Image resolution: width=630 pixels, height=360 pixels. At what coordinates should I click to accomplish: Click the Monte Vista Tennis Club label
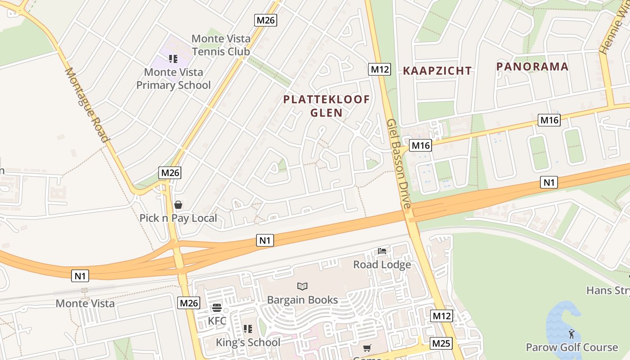point(220,45)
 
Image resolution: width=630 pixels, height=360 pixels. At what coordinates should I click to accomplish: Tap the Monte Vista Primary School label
point(174,79)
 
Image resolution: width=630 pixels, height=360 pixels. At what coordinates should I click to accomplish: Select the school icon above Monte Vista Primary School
point(173,58)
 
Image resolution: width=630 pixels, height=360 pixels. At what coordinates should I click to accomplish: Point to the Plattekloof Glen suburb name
point(327,106)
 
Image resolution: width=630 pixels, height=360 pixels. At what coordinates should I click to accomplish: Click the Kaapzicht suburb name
point(437,71)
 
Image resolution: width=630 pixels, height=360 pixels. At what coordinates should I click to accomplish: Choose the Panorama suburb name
point(532,67)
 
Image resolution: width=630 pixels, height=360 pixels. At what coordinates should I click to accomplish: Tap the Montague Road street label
point(87,105)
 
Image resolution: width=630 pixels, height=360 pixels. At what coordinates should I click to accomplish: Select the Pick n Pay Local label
point(178,218)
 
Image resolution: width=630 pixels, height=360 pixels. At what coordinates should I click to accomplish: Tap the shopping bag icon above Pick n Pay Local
point(178,205)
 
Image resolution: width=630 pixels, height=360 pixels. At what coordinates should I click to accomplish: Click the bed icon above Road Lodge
point(382,251)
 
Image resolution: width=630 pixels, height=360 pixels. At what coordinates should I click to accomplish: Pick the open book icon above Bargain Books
point(302,286)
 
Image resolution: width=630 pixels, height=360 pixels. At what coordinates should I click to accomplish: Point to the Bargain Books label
point(302,300)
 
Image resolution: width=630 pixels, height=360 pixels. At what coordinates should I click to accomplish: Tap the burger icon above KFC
point(217,308)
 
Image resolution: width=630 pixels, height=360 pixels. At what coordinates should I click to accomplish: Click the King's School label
point(248,342)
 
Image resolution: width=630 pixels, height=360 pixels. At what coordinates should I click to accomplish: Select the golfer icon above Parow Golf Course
point(571,334)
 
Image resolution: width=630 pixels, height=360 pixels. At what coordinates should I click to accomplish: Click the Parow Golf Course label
point(572,347)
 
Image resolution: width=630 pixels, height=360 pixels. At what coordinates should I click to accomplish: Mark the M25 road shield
point(441,344)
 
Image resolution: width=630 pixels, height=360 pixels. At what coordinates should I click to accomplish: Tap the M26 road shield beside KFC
point(189,303)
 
